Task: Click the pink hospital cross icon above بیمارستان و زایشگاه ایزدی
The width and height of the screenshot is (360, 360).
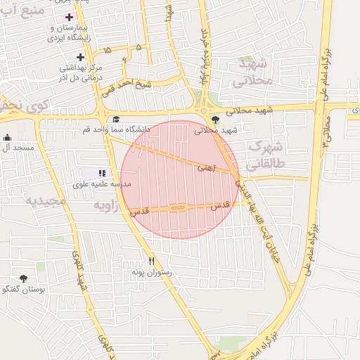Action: coord(68,16)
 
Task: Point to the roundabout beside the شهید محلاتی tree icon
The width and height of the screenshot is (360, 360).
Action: coord(204,110)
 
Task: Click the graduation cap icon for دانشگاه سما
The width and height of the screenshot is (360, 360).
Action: coord(116,119)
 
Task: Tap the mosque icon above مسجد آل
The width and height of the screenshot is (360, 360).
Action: coord(7,138)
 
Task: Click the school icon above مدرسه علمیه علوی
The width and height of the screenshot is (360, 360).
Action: coord(102,173)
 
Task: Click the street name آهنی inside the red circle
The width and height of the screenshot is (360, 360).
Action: coord(206,167)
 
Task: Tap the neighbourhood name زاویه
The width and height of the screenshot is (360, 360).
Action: coord(105,205)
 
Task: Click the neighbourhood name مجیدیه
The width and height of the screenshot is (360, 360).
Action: coord(46,201)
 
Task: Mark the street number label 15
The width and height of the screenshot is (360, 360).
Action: coord(106,51)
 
